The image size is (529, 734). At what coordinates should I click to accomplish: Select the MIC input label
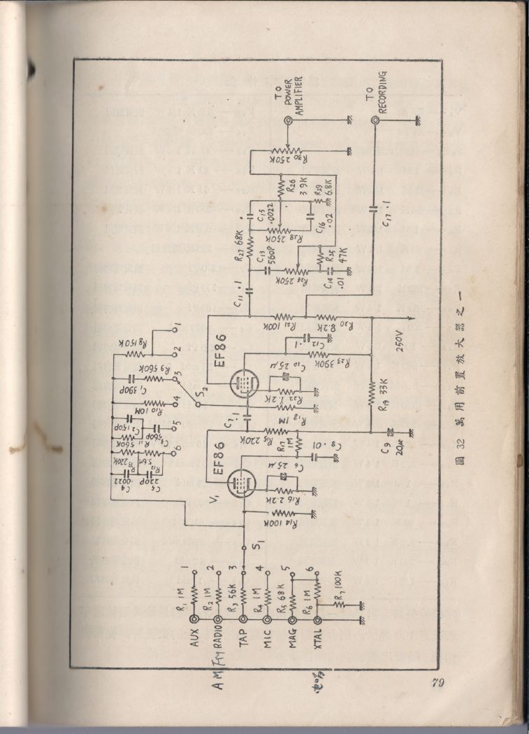click(268, 640)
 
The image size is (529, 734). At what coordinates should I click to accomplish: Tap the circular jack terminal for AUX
click(195, 620)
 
